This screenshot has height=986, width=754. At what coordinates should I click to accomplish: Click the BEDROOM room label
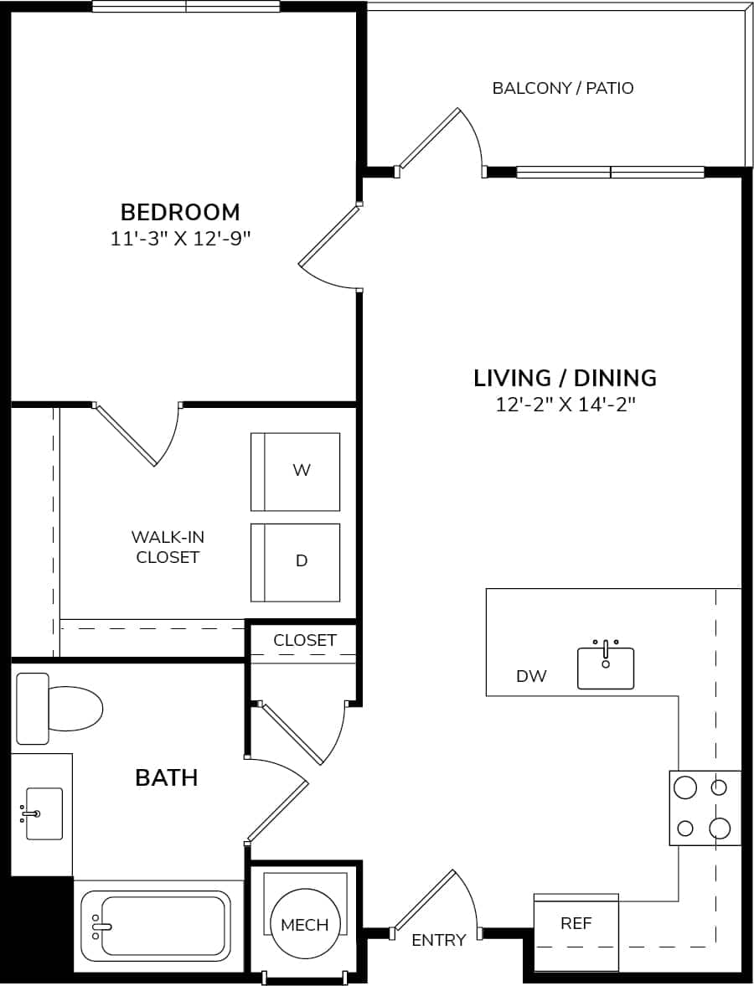coord(180,211)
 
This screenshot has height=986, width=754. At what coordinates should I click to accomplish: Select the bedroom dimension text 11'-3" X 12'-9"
coord(181,239)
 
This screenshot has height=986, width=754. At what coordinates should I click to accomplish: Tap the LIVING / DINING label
coord(565,378)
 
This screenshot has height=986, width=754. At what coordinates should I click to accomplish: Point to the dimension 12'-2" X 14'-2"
coord(565,405)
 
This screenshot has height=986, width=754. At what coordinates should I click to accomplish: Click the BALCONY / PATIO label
coord(562,88)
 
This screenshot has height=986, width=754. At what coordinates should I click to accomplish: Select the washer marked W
coord(296,472)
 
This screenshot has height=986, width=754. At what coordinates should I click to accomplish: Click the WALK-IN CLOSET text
coord(168,547)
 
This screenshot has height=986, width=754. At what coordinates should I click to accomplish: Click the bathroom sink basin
coord(44,813)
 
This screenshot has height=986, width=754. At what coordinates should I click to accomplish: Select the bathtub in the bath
coord(156,926)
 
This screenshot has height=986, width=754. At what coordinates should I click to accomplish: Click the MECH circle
coord(304,925)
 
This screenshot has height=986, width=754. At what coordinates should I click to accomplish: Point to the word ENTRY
coord(438,941)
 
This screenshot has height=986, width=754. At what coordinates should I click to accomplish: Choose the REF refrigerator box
coord(576,923)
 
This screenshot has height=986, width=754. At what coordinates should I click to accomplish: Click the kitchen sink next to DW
coord(606,668)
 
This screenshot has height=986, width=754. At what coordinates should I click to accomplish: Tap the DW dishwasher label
coord(531,676)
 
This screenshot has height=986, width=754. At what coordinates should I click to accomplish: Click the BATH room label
coord(167,777)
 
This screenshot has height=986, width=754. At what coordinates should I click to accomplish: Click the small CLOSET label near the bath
coord(305,640)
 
